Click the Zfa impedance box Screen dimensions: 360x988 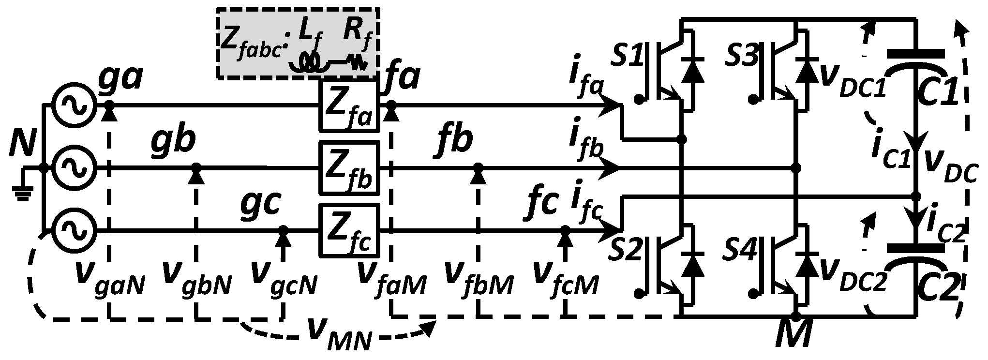coord(348,105)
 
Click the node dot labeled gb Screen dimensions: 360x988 coord(196,167)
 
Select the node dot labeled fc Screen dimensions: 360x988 coord(565,229)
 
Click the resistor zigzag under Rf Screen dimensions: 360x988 coord(357,63)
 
